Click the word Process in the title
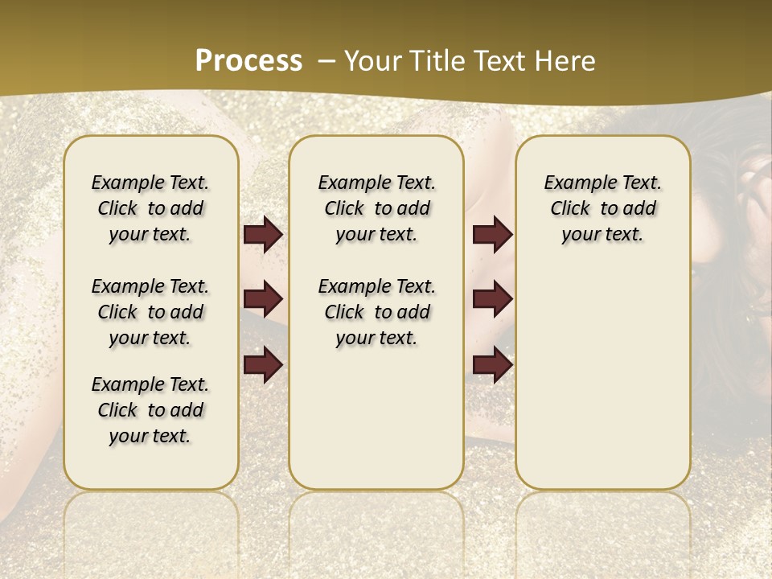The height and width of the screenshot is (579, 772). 248,61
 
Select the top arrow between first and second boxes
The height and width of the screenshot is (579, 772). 263,235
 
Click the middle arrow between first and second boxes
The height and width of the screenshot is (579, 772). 263,299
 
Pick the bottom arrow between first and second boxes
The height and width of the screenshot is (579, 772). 263,364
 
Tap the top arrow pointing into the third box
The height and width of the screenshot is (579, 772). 492,235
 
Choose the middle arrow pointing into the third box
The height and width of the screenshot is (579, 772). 492,299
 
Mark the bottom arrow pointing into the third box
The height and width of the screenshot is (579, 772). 492,364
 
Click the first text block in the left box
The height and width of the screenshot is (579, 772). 150,208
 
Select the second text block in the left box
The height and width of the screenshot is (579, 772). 150,312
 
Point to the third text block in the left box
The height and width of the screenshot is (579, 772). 150,410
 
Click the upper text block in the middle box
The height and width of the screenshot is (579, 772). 377,208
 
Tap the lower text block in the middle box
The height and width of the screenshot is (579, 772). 377,312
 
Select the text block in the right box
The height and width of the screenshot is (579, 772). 603,208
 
